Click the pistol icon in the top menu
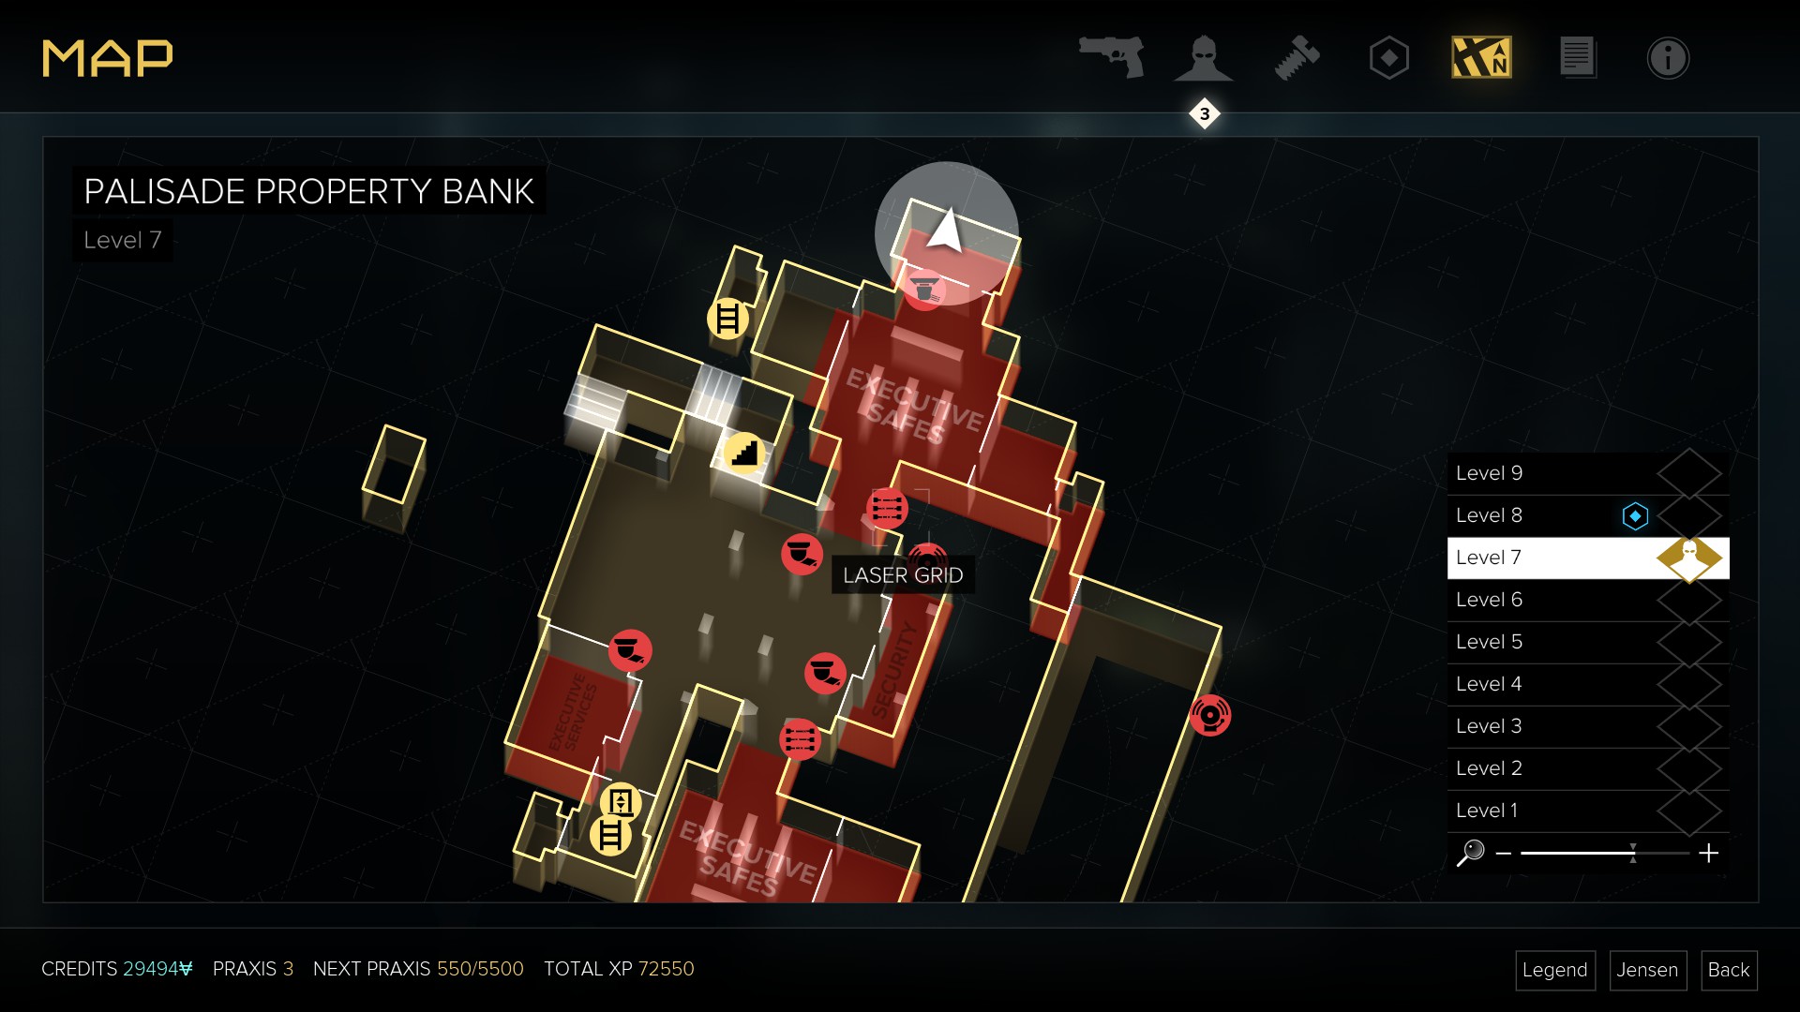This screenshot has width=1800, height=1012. [1112, 57]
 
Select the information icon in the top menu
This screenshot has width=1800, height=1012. [1668, 58]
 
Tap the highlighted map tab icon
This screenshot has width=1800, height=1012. [1481, 58]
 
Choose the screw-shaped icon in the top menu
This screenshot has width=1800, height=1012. [1297, 58]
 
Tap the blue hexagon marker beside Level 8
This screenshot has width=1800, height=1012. [1635, 516]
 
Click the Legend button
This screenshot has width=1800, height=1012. [1554, 970]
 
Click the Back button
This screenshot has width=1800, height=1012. [1728, 970]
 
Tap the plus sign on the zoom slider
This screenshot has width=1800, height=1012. [1708, 853]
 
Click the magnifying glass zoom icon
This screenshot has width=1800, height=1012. [1470, 853]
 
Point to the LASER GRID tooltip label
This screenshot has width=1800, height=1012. [902, 575]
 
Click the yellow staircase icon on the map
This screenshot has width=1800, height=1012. [744, 454]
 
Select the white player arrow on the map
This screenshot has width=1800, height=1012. [946, 230]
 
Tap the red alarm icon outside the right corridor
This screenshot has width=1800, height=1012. [1209, 716]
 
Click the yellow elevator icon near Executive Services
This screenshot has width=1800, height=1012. [621, 802]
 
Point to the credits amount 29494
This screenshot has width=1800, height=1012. [157, 969]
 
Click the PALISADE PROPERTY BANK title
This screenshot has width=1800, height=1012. [308, 192]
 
